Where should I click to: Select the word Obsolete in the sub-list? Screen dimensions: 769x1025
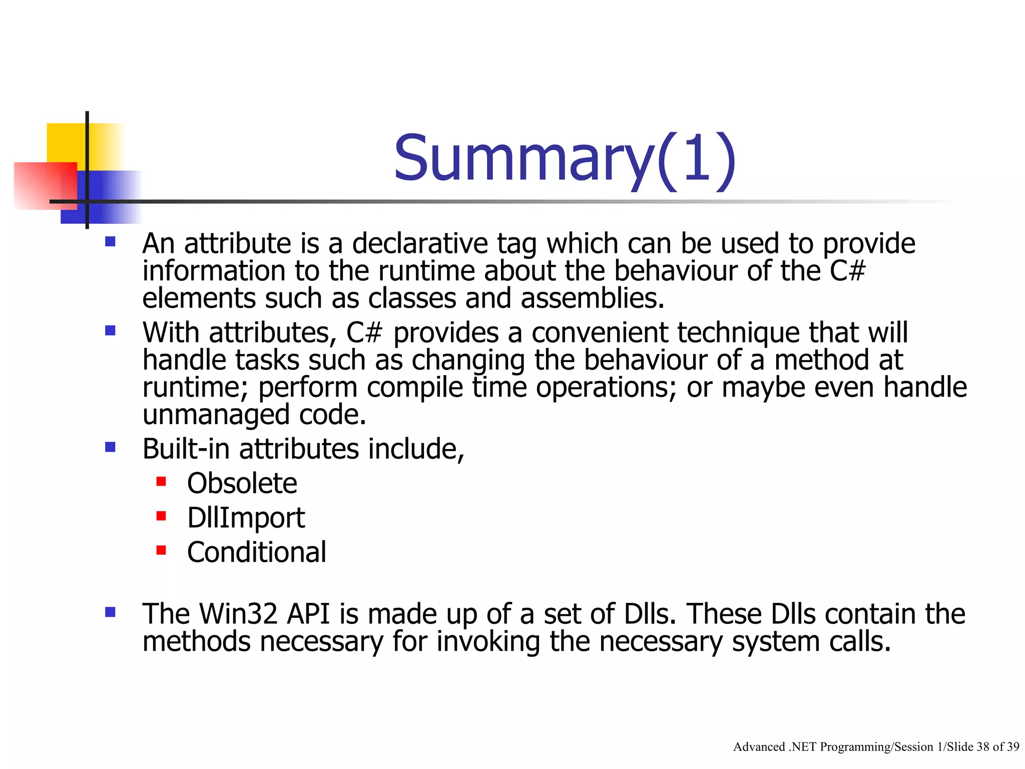(x=242, y=484)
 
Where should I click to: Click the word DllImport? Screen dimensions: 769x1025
(x=246, y=518)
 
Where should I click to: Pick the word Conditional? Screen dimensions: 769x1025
(x=256, y=552)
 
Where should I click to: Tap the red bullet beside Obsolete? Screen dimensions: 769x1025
(x=161, y=482)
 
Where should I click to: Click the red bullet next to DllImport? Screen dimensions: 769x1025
(x=161, y=516)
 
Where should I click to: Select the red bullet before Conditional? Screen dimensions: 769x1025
(x=161, y=550)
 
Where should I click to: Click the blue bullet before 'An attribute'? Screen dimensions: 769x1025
(x=110, y=242)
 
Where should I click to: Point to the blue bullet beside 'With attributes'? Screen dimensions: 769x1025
(x=110, y=330)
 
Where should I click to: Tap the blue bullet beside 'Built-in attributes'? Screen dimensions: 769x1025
(x=110, y=447)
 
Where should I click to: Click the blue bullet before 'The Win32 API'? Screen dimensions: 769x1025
(x=110, y=612)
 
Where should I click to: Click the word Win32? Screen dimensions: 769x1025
(x=238, y=614)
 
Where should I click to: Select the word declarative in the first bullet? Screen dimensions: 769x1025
(x=420, y=244)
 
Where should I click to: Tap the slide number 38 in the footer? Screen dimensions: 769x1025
(x=982, y=747)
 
